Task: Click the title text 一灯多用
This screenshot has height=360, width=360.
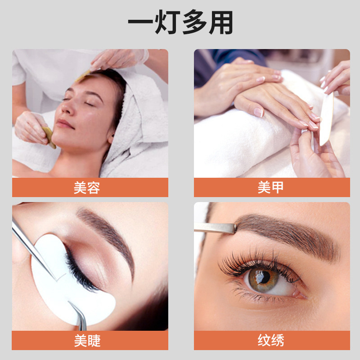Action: point(180,22)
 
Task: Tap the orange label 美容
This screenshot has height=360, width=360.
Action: point(90,187)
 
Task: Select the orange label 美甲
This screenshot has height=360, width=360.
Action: point(271,187)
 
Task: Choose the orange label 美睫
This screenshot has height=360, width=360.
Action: point(90,341)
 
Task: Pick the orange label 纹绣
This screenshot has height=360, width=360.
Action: point(271,341)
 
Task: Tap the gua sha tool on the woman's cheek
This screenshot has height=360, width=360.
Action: point(48,137)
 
